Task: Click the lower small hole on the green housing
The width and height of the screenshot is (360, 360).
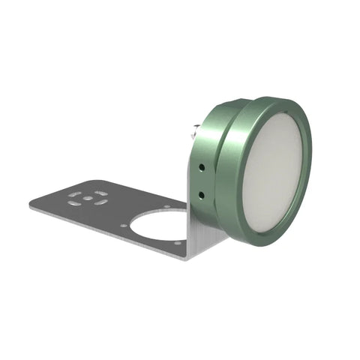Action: (202, 194)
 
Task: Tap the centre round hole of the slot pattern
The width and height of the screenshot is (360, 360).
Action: (87, 199)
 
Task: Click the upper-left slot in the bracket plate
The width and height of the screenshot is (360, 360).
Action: (74, 194)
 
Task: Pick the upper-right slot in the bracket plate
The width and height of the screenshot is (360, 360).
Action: (97, 192)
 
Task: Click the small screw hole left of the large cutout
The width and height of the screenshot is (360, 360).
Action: (124, 224)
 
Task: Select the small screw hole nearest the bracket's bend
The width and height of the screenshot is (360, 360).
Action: (178, 241)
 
